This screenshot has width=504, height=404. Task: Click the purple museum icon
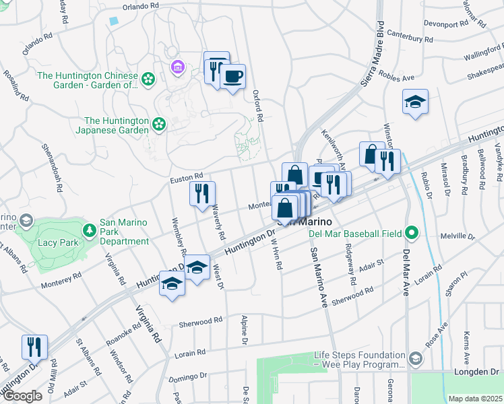point(178,67)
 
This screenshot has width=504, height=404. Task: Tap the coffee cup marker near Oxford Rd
point(233,76)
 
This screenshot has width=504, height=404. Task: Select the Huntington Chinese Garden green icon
point(148,80)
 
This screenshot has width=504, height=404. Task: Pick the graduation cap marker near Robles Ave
point(415,102)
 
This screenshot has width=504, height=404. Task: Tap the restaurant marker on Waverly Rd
point(202,194)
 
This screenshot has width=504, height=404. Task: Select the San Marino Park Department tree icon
point(89,230)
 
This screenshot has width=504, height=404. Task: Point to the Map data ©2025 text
point(475,399)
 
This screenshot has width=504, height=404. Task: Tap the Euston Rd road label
point(187,178)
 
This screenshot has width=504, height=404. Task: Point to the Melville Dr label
point(457,236)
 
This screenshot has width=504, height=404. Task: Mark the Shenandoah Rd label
point(51,158)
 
